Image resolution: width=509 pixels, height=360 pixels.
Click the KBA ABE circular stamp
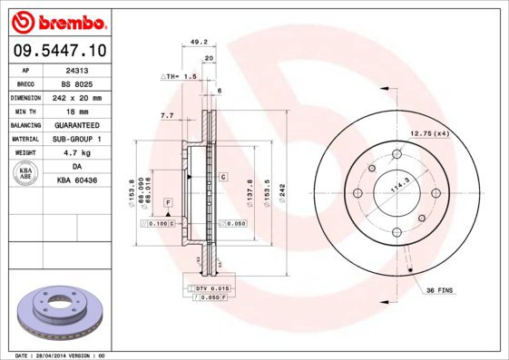[24, 174]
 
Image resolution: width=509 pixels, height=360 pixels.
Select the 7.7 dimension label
[167, 116]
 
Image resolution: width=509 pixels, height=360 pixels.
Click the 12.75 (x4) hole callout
[428, 134]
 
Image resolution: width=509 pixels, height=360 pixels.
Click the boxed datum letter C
[222, 177]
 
